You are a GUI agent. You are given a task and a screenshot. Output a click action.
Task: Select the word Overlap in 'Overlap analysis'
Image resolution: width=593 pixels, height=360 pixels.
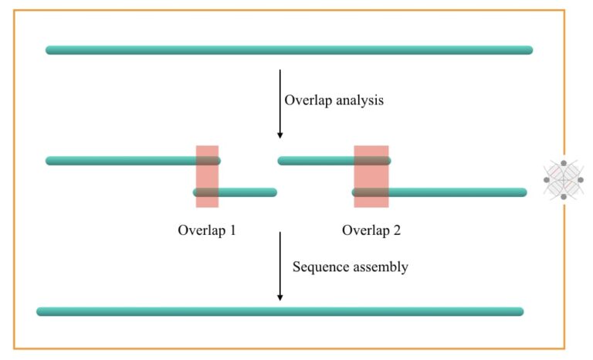pyautogui.click(x=307, y=100)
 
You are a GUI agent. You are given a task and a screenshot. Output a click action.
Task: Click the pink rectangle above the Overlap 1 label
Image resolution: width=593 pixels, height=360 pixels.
pyautogui.click(x=207, y=176)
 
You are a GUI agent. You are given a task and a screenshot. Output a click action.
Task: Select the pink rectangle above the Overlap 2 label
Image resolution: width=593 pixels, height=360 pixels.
pyautogui.click(x=371, y=176)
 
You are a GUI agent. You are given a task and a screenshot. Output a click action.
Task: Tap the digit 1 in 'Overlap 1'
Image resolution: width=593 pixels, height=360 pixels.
pyautogui.click(x=232, y=229)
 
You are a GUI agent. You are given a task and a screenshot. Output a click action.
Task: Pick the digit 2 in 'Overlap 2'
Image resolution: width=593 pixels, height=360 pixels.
pyautogui.click(x=397, y=229)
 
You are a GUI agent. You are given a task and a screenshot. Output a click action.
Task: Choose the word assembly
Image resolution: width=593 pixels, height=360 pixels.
pyautogui.click(x=380, y=267)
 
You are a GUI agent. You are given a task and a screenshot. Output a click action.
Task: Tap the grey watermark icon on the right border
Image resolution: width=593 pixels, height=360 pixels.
pyautogui.click(x=564, y=180)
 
